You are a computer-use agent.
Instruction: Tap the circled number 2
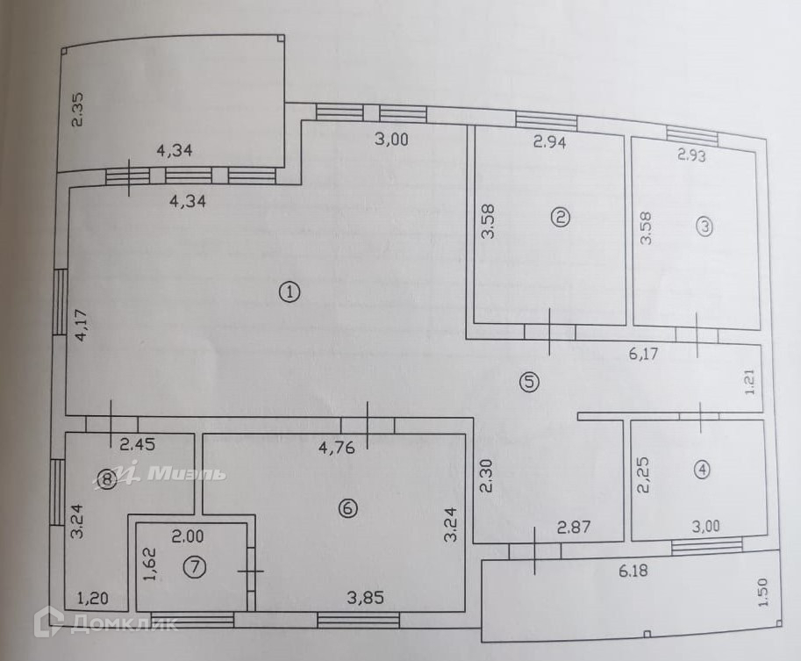tap(560, 218)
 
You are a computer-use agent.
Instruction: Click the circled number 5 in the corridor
tap(528, 382)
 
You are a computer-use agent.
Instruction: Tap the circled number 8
tap(106, 478)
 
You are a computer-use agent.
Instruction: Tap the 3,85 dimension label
tap(365, 598)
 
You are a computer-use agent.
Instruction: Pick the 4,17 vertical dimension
tap(81, 325)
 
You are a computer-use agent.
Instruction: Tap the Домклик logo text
tap(122, 624)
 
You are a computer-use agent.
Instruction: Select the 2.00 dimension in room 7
tap(186, 535)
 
